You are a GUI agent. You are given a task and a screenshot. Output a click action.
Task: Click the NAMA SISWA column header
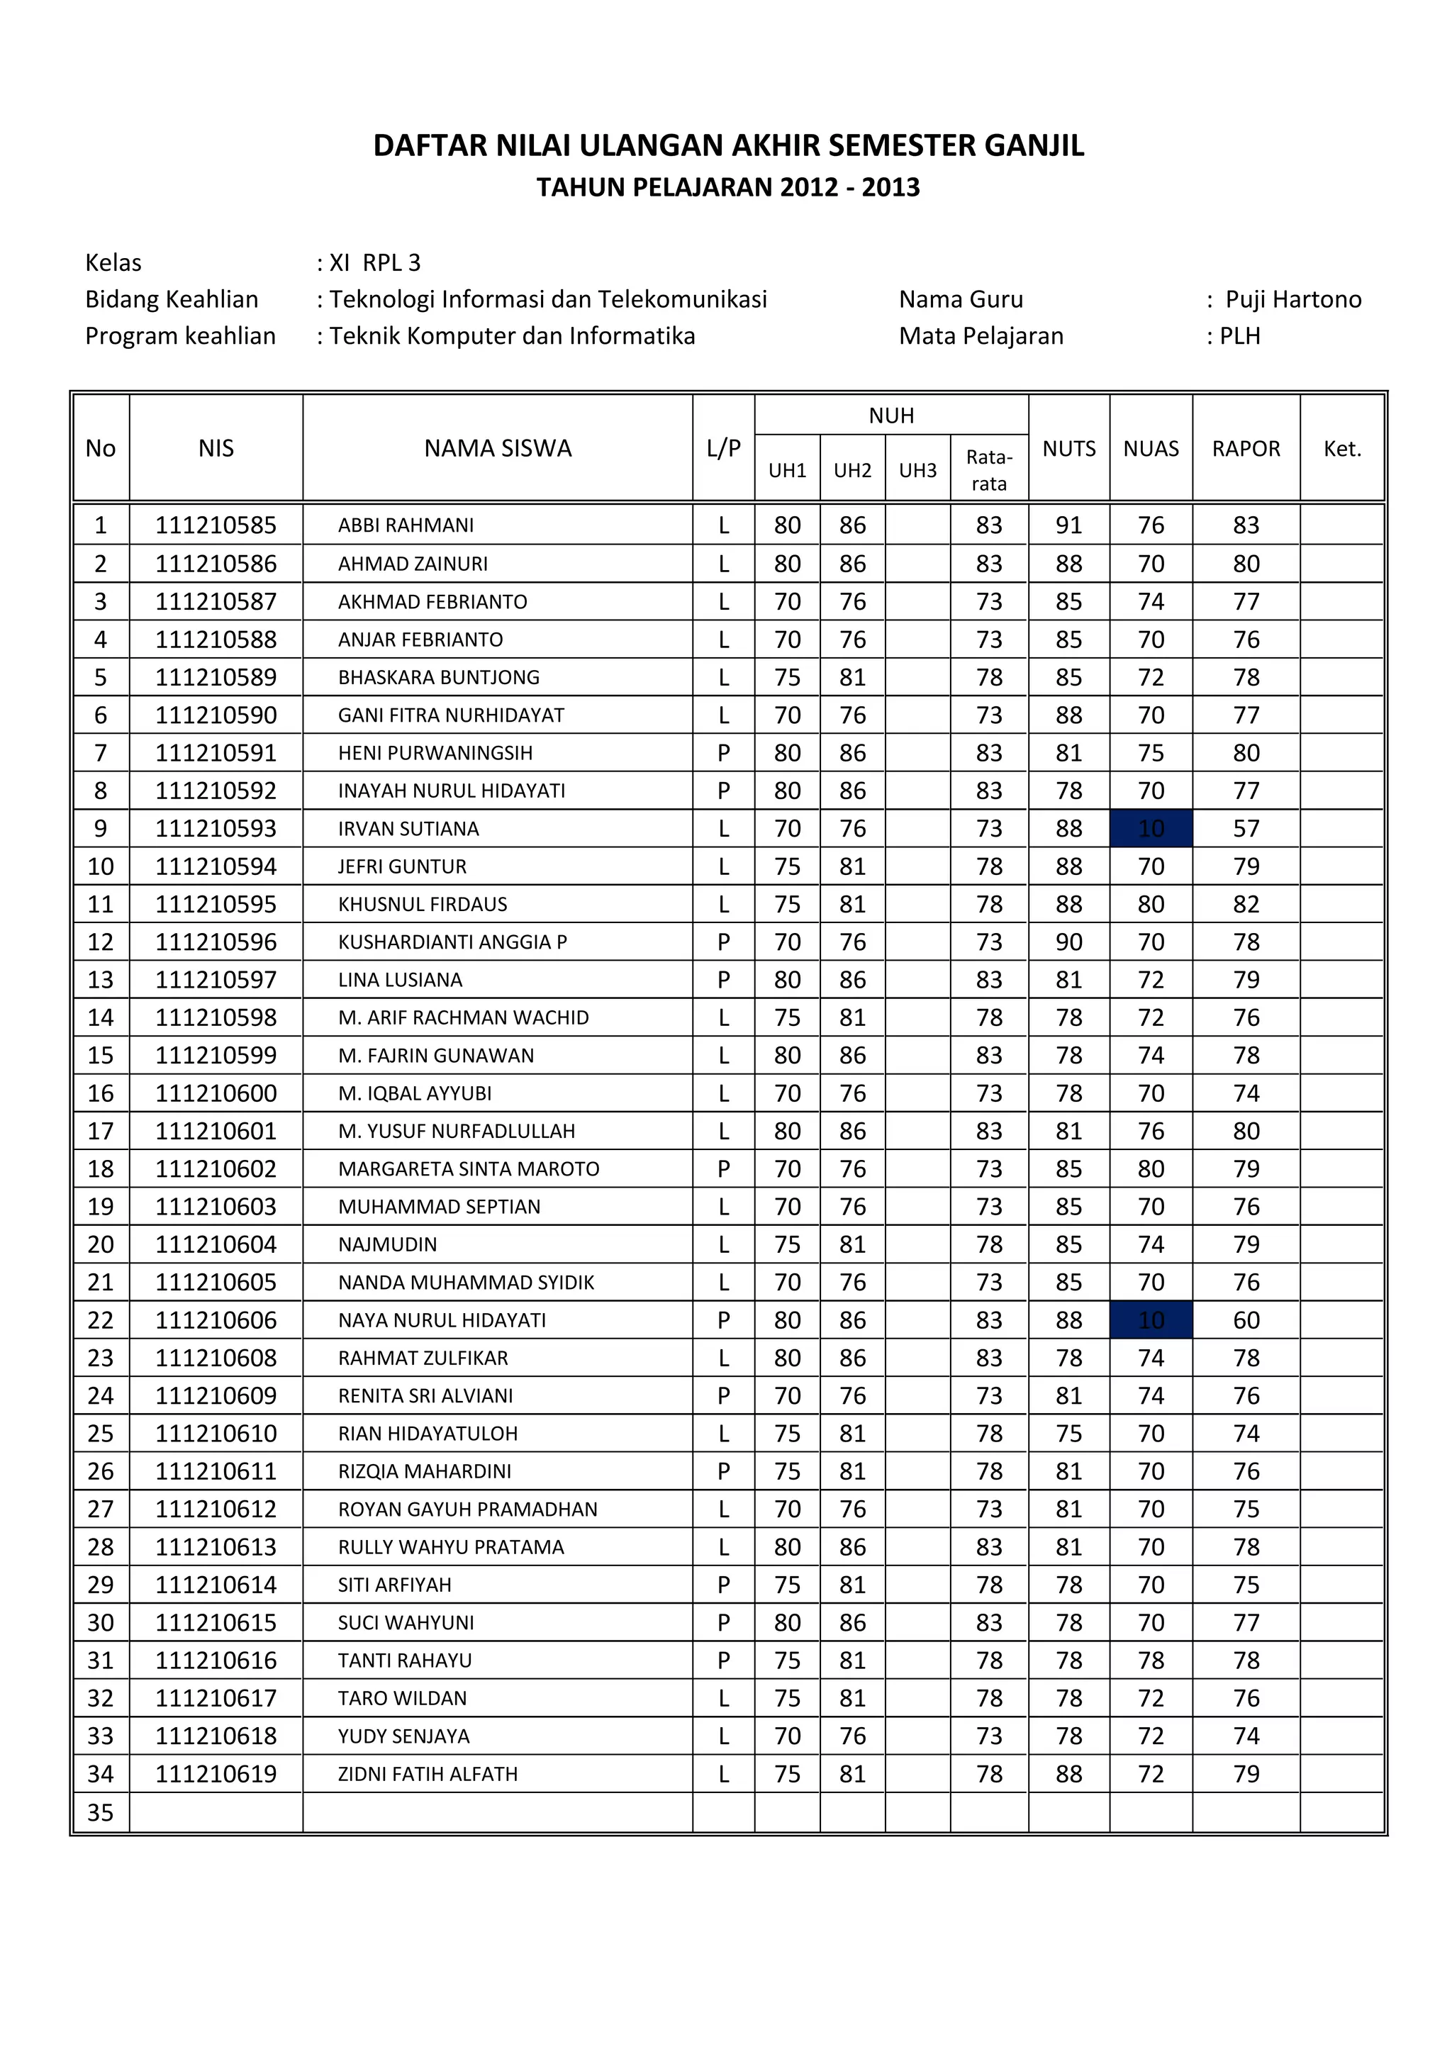tap(498, 448)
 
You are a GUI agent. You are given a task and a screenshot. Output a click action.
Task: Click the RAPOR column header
tap(1246, 448)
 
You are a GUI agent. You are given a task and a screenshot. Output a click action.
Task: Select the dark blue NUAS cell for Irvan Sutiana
tap(1151, 828)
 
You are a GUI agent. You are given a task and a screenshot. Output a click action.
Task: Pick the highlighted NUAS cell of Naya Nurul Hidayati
tap(1151, 1319)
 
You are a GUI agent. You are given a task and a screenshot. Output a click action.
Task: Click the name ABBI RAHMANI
tap(406, 525)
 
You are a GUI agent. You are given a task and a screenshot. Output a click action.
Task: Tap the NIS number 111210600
tap(216, 1093)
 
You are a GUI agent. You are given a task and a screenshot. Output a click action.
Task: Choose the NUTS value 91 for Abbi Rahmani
tap(1068, 525)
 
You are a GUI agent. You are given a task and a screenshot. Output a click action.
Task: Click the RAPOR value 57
tap(1246, 828)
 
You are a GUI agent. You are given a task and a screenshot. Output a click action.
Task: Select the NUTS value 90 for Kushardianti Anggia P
tap(1068, 942)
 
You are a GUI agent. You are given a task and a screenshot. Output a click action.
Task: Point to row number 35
tap(100, 1812)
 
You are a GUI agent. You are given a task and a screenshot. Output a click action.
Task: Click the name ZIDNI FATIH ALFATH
tap(428, 1774)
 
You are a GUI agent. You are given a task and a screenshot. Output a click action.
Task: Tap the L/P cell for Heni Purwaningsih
tap(723, 752)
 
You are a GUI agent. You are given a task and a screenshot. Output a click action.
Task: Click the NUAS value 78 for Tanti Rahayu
tap(1151, 1660)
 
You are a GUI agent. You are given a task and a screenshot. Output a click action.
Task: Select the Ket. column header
tap(1342, 448)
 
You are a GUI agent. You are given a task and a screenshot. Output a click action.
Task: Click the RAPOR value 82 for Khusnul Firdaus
tap(1246, 905)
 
